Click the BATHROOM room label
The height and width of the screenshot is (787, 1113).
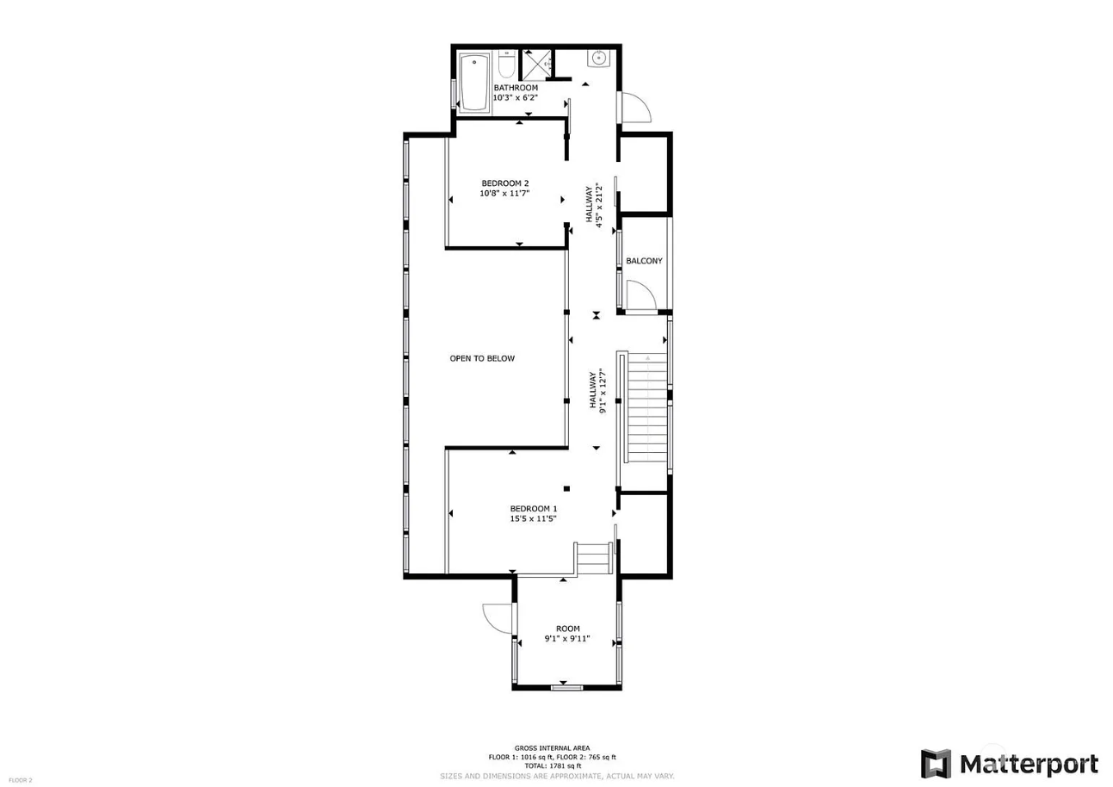(x=516, y=88)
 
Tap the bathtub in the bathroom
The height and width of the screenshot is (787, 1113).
(x=474, y=82)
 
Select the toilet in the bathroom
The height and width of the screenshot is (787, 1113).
(x=507, y=64)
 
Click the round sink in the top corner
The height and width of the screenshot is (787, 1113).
(x=599, y=59)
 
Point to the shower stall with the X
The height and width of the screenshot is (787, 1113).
(x=535, y=65)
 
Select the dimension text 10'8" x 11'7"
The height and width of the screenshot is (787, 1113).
(x=504, y=194)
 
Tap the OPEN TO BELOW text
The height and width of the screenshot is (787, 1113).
(x=482, y=358)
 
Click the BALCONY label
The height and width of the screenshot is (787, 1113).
(x=644, y=261)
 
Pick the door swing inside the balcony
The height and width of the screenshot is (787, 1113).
(x=641, y=295)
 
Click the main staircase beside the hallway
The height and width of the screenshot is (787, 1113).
(x=646, y=407)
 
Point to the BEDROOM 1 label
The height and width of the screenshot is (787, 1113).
(x=534, y=509)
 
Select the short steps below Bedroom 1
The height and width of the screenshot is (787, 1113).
(x=593, y=558)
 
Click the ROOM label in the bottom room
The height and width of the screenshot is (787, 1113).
(x=567, y=629)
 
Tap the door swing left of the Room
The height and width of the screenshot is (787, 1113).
(x=498, y=618)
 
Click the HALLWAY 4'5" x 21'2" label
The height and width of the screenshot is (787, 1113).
(x=594, y=204)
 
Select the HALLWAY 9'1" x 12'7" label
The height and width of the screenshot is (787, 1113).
(x=597, y=391)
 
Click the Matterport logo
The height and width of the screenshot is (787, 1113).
(x=1009, y=763)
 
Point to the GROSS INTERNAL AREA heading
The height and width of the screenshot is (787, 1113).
(x=552, y=747)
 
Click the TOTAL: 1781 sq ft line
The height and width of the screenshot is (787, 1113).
(x=553, y=766)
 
